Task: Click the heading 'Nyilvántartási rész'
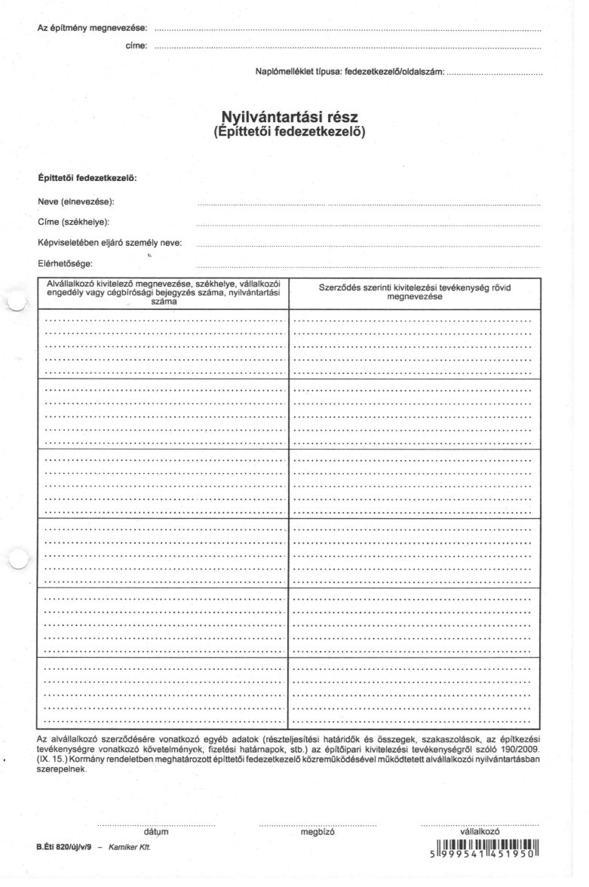click(290, 118)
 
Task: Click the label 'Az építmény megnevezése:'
click(92, 29)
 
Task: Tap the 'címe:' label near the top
click(136, 47)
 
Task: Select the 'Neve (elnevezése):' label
click(76, 202)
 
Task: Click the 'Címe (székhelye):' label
click(73, 222)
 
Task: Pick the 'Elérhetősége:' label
click(65, 263)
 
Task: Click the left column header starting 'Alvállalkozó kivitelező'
click(163, 292)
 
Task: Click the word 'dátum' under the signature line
click(155, 832)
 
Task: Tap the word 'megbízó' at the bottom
click(318, 832)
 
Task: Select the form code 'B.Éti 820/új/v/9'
click(63, 848)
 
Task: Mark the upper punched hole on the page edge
click(16, 302)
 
